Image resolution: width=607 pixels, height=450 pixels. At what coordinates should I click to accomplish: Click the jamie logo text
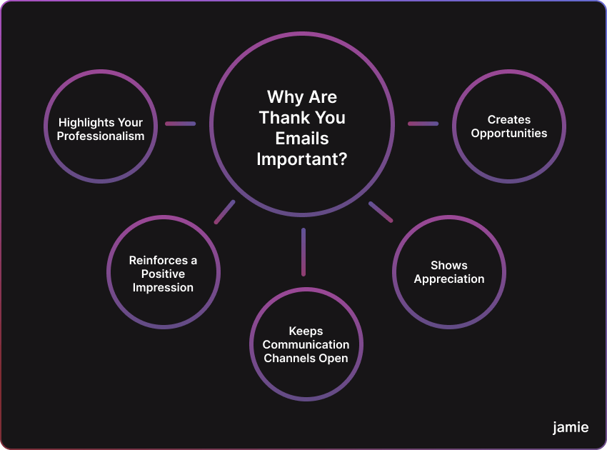click(571, 428)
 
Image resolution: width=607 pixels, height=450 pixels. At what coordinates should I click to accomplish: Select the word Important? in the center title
click(302, 159)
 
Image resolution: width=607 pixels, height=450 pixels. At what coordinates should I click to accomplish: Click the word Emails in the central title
click(302, 139)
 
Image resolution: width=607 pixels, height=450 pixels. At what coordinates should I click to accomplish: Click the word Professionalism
click(101, 136)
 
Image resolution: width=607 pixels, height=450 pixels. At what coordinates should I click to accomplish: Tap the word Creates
click(509, 120)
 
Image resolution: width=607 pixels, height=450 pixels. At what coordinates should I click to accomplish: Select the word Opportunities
click(509, 134)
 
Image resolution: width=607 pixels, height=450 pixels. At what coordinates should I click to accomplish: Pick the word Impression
click(163, 288)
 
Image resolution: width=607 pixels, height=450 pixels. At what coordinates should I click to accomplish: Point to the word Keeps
click(306, 331)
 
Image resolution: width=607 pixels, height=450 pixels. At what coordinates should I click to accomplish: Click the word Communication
click(306, 345)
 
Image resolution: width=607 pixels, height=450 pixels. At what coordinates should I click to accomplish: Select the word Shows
click(449, 265)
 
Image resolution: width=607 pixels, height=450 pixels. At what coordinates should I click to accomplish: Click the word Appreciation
click(449, 279)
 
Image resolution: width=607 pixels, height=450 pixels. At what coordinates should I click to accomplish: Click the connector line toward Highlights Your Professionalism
click(181, 124)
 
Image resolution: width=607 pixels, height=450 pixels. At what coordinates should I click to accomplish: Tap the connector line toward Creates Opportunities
click(423, 124)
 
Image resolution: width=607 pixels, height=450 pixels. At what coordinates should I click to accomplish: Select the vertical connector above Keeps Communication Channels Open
click(303, 252)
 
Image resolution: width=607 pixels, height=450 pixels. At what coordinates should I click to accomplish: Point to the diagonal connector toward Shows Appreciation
click(381, 212)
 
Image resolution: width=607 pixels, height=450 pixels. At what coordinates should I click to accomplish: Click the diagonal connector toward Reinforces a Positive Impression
click(224, 212)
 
